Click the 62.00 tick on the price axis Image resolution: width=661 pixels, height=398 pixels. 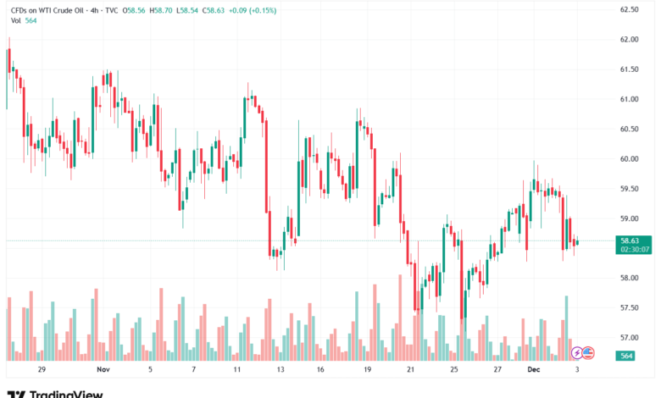[628, 40]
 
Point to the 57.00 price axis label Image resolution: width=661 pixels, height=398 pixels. [628, 338]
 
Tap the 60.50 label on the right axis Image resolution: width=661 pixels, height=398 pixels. [628, 130]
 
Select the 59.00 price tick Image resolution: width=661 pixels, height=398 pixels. [628, 218]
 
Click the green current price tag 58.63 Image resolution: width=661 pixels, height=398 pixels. [634, 240]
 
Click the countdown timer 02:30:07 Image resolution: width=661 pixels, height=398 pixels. [634, 250]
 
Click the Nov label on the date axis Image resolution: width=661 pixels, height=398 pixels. [103, 370]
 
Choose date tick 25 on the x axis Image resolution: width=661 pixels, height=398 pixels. [453, 370]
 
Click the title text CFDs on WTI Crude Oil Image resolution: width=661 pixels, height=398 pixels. [52, 10]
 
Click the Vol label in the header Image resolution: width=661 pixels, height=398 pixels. [16, 21]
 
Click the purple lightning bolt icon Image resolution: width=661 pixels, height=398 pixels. [578, 352]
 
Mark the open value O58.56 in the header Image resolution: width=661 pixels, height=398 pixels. [135, 10]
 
